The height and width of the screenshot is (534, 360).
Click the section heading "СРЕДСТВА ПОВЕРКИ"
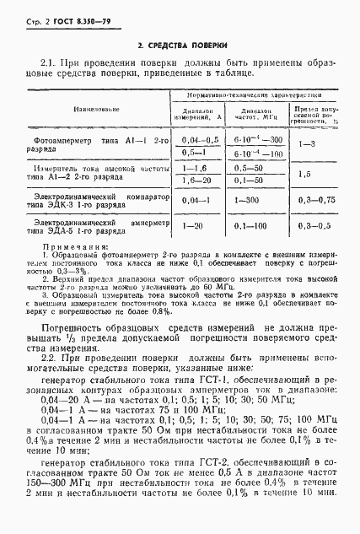180,45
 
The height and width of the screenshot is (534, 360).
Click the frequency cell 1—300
251,201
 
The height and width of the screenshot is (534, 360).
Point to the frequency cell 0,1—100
251,226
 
